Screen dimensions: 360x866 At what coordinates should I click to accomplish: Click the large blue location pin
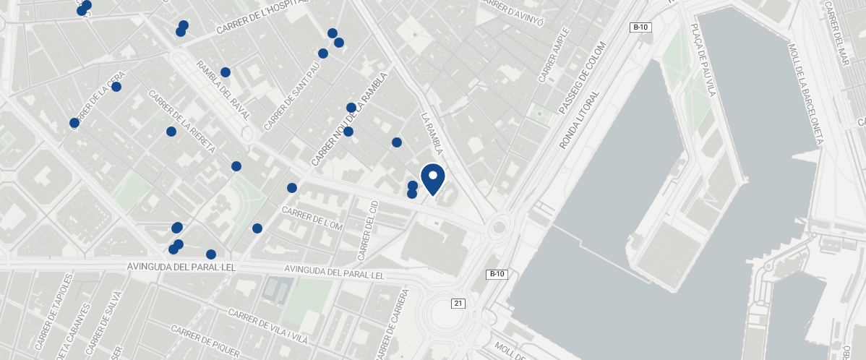(432, 179)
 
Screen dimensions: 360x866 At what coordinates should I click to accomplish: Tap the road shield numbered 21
(458, 303)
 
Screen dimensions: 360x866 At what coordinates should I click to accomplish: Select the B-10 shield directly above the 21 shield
(496, 274)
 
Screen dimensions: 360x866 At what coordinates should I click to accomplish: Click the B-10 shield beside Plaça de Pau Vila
(640, 27)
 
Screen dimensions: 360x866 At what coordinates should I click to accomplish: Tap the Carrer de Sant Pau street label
(292, 96)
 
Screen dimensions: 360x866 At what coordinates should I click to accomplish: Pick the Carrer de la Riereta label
(181, 121)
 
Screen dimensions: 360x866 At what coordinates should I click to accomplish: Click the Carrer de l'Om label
(312, 218)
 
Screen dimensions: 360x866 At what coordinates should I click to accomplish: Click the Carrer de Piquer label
(205, 340)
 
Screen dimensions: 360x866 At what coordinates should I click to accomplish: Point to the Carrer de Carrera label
(393, 324)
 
